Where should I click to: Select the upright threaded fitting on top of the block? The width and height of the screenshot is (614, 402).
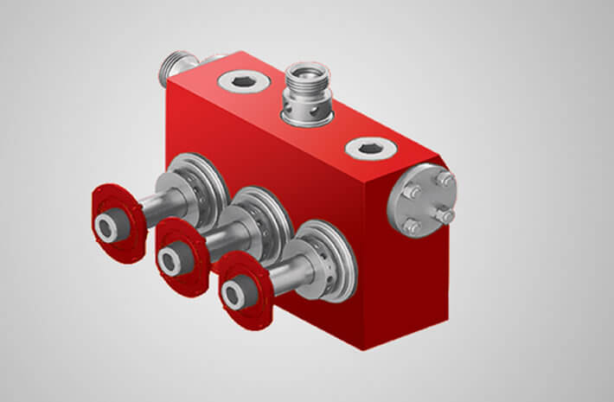(x=308, y=95)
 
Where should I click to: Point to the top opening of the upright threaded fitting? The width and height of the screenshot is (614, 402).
(x=309, y=70)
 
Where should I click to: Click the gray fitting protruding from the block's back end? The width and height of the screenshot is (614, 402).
(x=178, y=67)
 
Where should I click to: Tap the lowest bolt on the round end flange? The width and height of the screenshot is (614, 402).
(x=412, y=227)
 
